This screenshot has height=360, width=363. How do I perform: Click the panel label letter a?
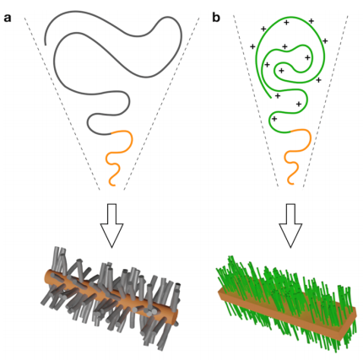pos(8,19)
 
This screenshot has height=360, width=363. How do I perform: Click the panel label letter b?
pos(216,18)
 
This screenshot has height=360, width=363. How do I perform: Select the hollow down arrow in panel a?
pos(112,225)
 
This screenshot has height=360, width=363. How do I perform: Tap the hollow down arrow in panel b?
pos(290,225)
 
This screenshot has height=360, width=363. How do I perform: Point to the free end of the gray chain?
pos(46,45)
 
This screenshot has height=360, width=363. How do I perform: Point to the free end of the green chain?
pos(271,98)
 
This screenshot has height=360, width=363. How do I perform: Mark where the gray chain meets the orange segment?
pos(111,133)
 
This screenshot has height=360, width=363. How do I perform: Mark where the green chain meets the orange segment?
pos(290,132)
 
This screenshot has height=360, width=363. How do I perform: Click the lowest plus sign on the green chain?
pos(274,119)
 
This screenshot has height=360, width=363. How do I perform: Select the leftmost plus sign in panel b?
pos(252,46)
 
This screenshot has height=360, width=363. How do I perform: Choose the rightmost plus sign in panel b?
pos(325,41)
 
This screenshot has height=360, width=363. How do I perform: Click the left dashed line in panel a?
pos(62,104)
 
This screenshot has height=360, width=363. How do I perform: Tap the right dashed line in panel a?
pos(161,104)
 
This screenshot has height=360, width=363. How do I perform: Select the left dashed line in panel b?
pos(256,101)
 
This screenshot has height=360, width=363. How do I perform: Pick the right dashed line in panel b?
pos(326,102)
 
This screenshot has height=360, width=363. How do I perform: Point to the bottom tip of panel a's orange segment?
pos(114,185)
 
